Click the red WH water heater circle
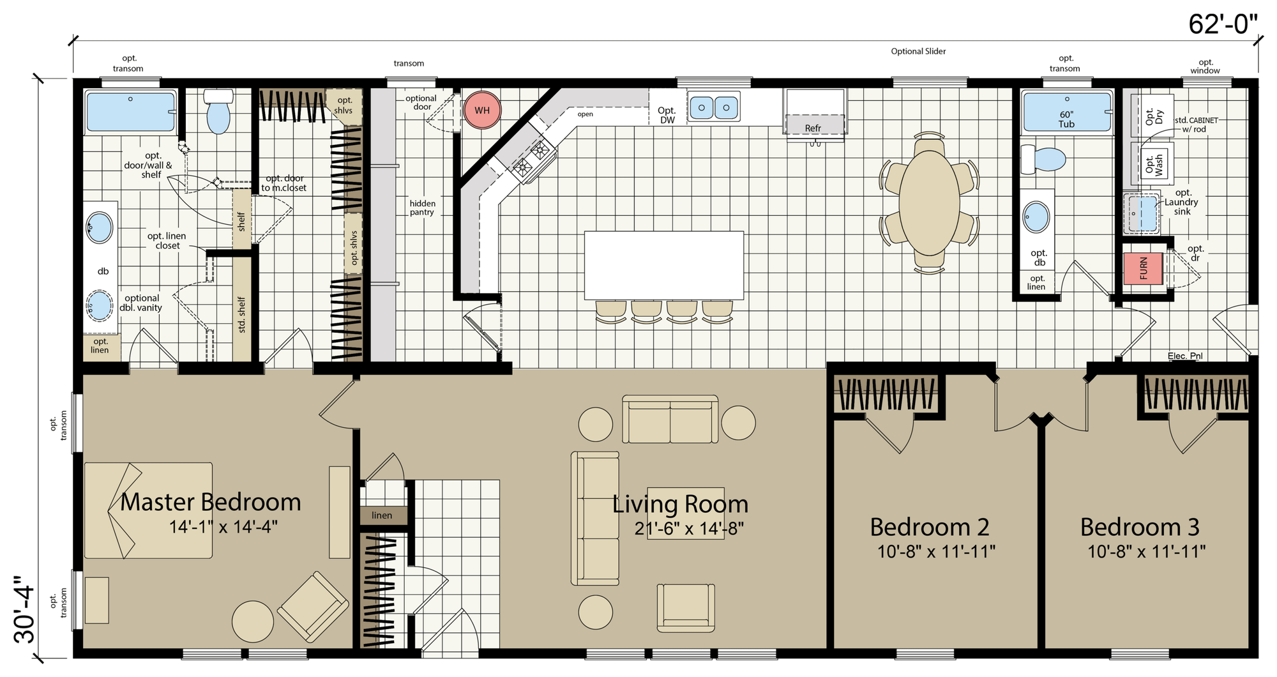(x=482, y=110)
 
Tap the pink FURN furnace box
(x=1143, y=269)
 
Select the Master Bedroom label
(x=211, y=502)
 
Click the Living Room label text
(x=681, y=505)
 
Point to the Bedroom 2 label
(x=930, y=527)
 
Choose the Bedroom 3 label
(x=1140, y=527)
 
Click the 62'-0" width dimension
(x=1223, y=24)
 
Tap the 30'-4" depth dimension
(x=26, y=610)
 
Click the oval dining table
(x=930, y=203)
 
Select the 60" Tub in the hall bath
(x=1066, y=112)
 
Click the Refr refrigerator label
(x=813, y=128)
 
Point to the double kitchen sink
(x=714, y=107)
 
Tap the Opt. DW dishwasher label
(x=667, y=115)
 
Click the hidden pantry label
(x=422, y=208)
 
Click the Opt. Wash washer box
(x=1153, y=165)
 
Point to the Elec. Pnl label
(x=1186, y=356)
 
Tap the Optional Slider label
(x=918, y=51)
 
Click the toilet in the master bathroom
(x=218, y=112)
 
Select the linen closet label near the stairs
(x=382, y=515)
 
